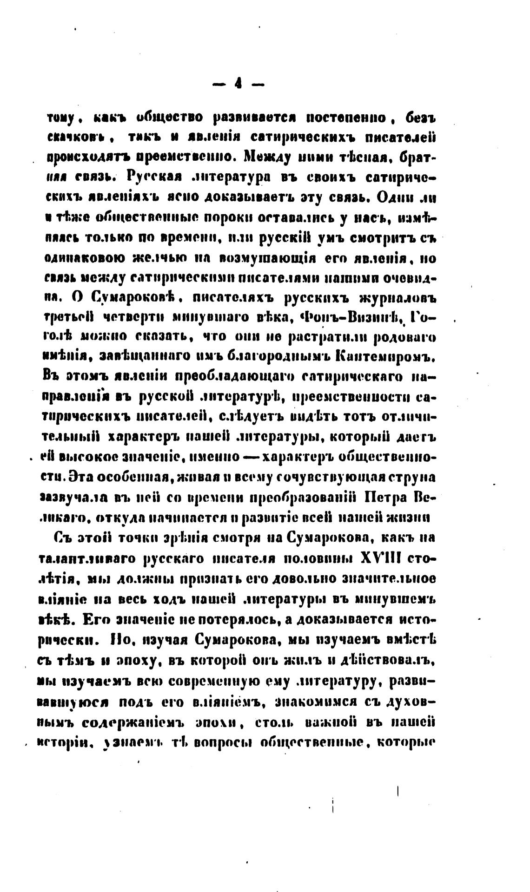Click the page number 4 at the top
tap(238, 84)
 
